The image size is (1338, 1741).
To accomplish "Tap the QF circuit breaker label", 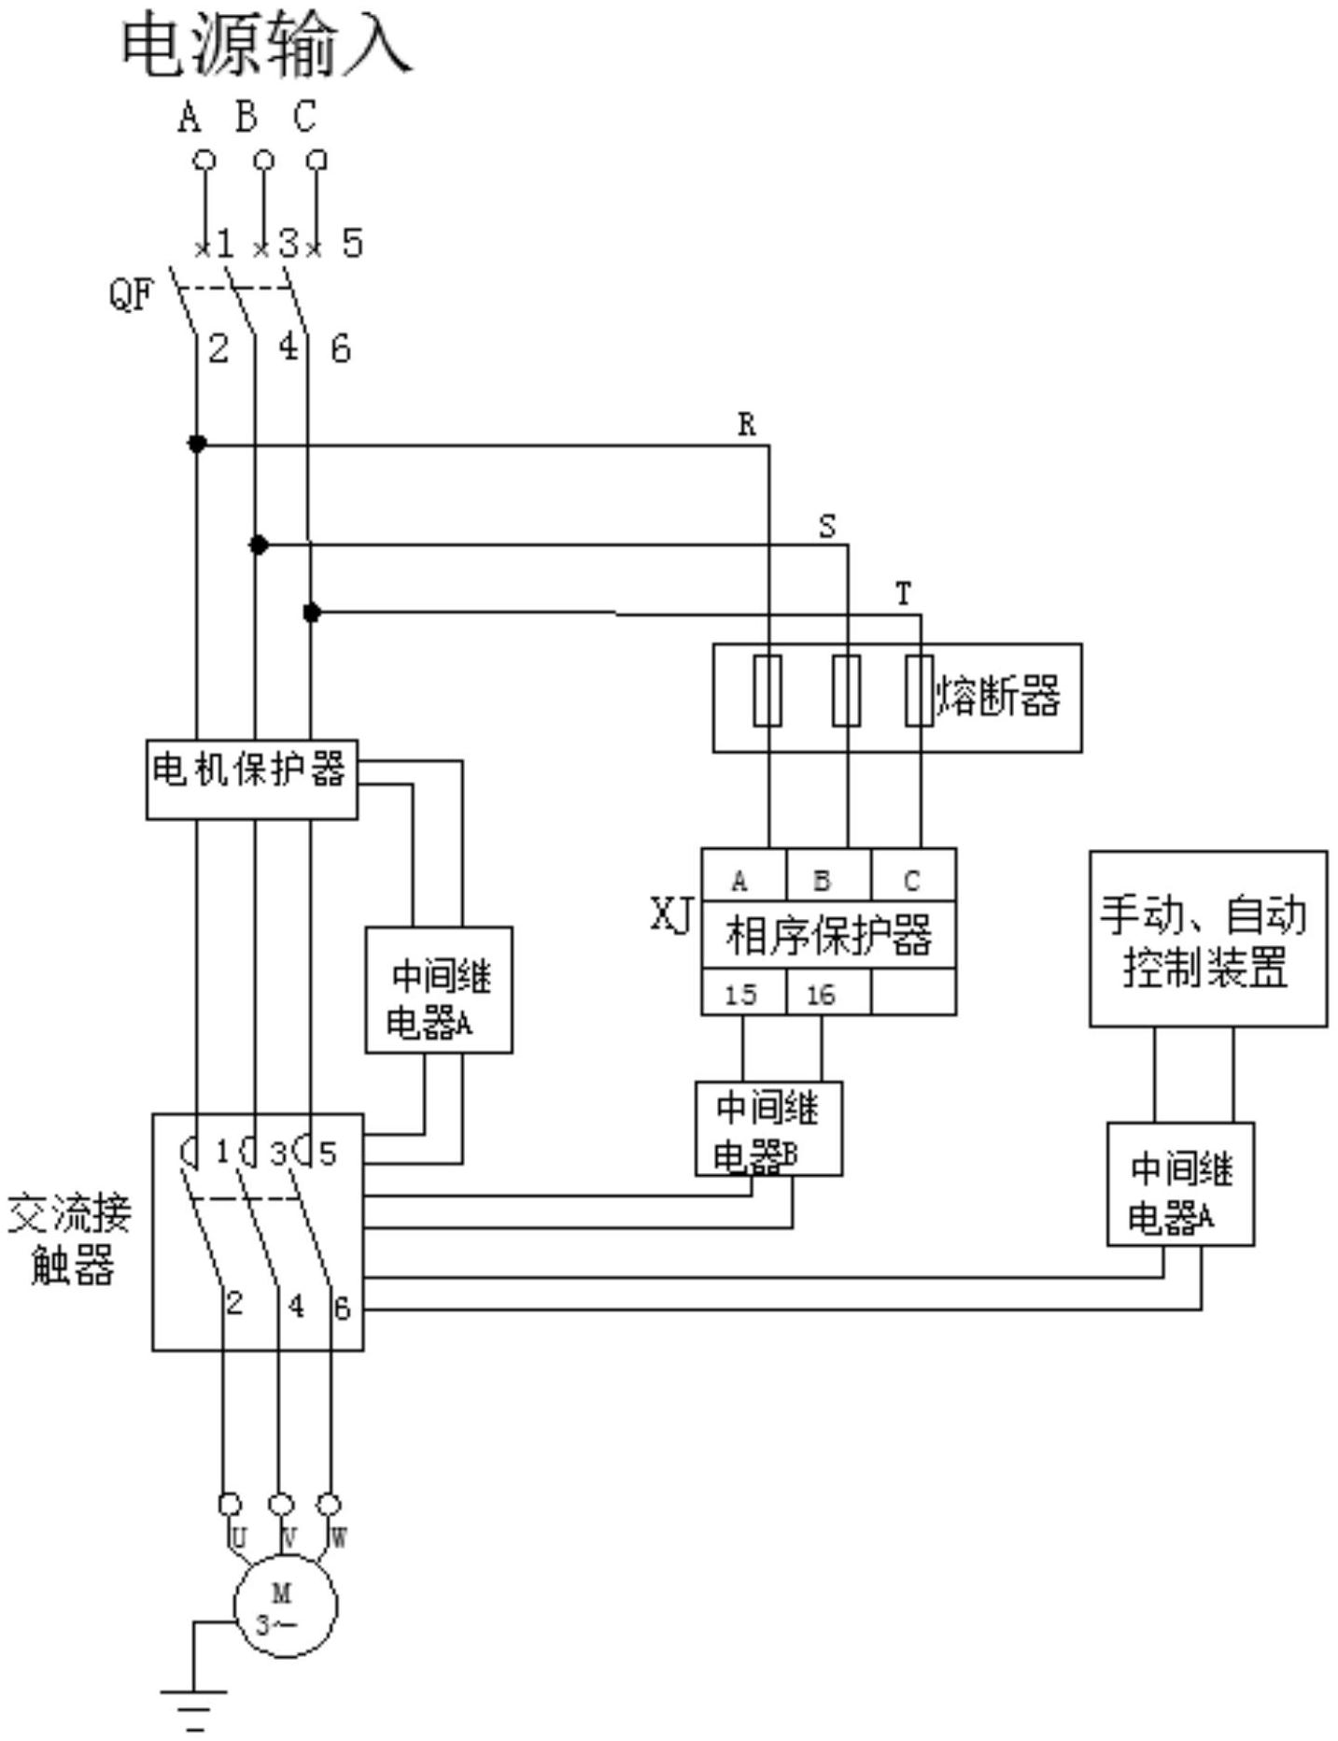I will point(130,296).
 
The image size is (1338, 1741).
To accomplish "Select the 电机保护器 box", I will point(251,779).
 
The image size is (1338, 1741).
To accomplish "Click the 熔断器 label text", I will point(998,697).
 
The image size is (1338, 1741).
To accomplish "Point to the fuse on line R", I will point(768,690).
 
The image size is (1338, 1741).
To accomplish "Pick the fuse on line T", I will point(920,690).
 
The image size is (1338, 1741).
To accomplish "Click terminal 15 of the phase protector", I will point(742,994).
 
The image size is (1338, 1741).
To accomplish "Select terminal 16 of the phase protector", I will point(821,994).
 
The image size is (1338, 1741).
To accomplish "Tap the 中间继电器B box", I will point(768,1128).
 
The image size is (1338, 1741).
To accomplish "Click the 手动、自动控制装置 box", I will point(1207,939).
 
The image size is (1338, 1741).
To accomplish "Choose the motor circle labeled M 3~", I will point(285,1606).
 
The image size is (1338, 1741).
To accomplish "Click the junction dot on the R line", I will point(197,444).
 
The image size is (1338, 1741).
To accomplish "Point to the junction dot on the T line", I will point(312,613).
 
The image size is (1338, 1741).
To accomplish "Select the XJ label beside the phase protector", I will point(671,915).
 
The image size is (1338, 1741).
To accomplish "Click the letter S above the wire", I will point(827,527).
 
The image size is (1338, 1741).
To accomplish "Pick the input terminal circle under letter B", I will point(264,161).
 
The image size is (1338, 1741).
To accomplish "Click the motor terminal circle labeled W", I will point(329,1504).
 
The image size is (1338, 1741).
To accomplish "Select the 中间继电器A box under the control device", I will point(1180,1183).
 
